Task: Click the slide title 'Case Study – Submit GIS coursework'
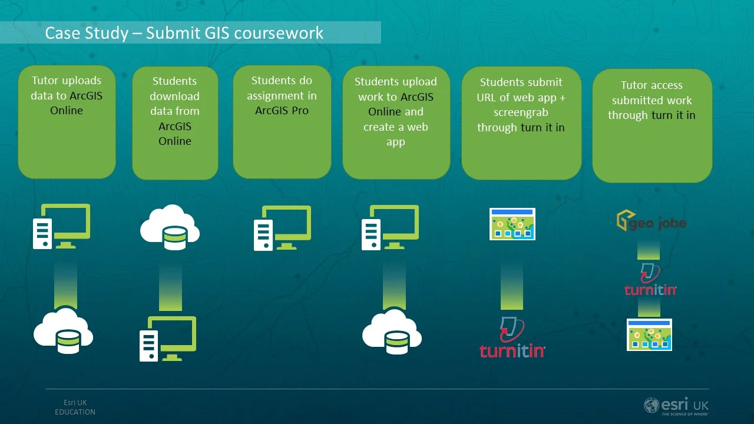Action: click(x=184, y=32)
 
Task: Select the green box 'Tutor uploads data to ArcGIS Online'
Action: click(x=67, y=122)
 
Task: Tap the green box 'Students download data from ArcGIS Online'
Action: click(x=175, y=122)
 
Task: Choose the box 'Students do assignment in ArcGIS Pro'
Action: click(x=282, y=122)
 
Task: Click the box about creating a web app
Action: click(x=396, y=122)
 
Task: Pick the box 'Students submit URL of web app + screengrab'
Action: click(x=521, y=122)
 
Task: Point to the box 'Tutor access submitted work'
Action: click(x=652, y=125)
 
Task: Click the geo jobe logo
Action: click(x=651, y=221)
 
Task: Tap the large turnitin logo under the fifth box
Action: click(x=512, y=338)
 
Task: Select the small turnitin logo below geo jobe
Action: click(x=650, y=280)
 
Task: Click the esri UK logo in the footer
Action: click(x=676, y=406)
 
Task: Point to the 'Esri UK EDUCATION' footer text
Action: click(x=75, y=408)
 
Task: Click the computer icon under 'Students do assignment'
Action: click(x=282, y=228)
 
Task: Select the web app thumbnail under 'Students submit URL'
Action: click(x=512, y=224)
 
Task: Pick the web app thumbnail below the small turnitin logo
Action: click(x=649, y=334)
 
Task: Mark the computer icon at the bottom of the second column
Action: click(x=168, y=339)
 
